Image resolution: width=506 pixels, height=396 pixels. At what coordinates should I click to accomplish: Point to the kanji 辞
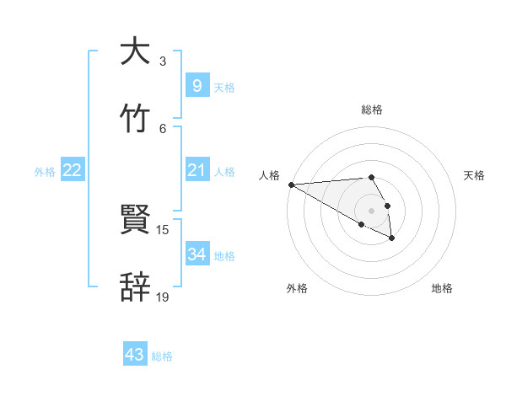135,287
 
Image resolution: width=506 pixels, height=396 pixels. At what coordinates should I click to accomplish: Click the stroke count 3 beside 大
163,62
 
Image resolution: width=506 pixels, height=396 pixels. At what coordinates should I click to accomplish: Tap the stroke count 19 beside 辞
163,297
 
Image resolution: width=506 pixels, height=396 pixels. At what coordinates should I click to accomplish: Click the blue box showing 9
196,85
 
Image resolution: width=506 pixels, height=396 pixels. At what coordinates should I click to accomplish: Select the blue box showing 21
196,170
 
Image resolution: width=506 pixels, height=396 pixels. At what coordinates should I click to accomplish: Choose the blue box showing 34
196,254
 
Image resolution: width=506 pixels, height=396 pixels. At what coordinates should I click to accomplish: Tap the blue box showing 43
135,355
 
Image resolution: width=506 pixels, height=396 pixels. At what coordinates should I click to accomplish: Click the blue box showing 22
73,170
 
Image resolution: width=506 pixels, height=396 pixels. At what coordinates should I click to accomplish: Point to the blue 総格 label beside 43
162,356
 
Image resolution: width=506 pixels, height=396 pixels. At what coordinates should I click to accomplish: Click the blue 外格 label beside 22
45,172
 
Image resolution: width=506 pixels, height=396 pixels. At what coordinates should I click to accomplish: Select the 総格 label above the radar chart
372,110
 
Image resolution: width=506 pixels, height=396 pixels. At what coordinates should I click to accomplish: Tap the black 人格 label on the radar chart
269,174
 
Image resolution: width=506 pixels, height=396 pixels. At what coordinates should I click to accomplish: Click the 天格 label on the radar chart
475,174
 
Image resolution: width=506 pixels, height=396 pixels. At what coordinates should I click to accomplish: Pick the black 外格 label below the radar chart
297,288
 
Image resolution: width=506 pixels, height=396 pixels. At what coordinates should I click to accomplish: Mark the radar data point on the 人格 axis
291,185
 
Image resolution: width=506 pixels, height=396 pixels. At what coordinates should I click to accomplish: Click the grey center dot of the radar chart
372,210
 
